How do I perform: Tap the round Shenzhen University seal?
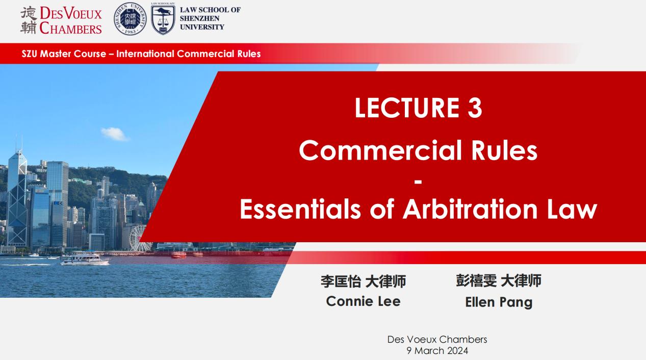point(130,19)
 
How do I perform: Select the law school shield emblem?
point(163,19)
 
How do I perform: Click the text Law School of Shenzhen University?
point(210,18)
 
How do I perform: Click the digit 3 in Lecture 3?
point(475,108)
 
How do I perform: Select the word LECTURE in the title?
point(407,108)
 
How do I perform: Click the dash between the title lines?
point(418,182)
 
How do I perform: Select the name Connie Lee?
point(364,301)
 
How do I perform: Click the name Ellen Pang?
point(499,302)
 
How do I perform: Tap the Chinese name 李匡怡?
point(341,281)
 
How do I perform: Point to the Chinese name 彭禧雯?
point(476,280)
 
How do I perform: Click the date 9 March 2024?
point(437,351)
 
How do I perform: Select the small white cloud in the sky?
point(114,134)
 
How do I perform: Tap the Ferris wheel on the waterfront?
point(139,238)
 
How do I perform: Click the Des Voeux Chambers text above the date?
point(437,340)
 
